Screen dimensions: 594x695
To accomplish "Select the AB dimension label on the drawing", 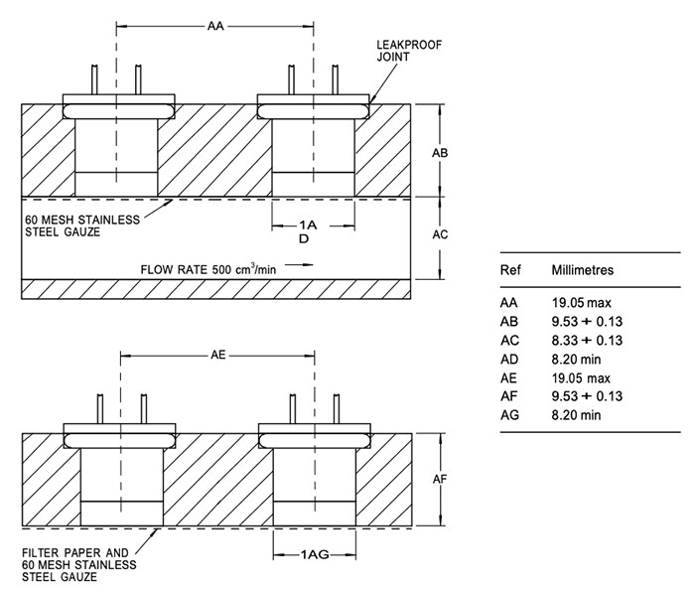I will click(442, 153).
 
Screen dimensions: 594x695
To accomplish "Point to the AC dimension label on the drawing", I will click(442, 235).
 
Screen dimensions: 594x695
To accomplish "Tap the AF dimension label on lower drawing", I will click(443, 479).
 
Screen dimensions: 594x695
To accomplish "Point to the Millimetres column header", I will click(583, 270).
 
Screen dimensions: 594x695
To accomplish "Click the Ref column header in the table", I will click(510, 270).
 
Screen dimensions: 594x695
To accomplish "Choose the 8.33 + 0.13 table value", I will click(587, 341).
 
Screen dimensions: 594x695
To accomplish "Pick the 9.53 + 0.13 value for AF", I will click(587, 397).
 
